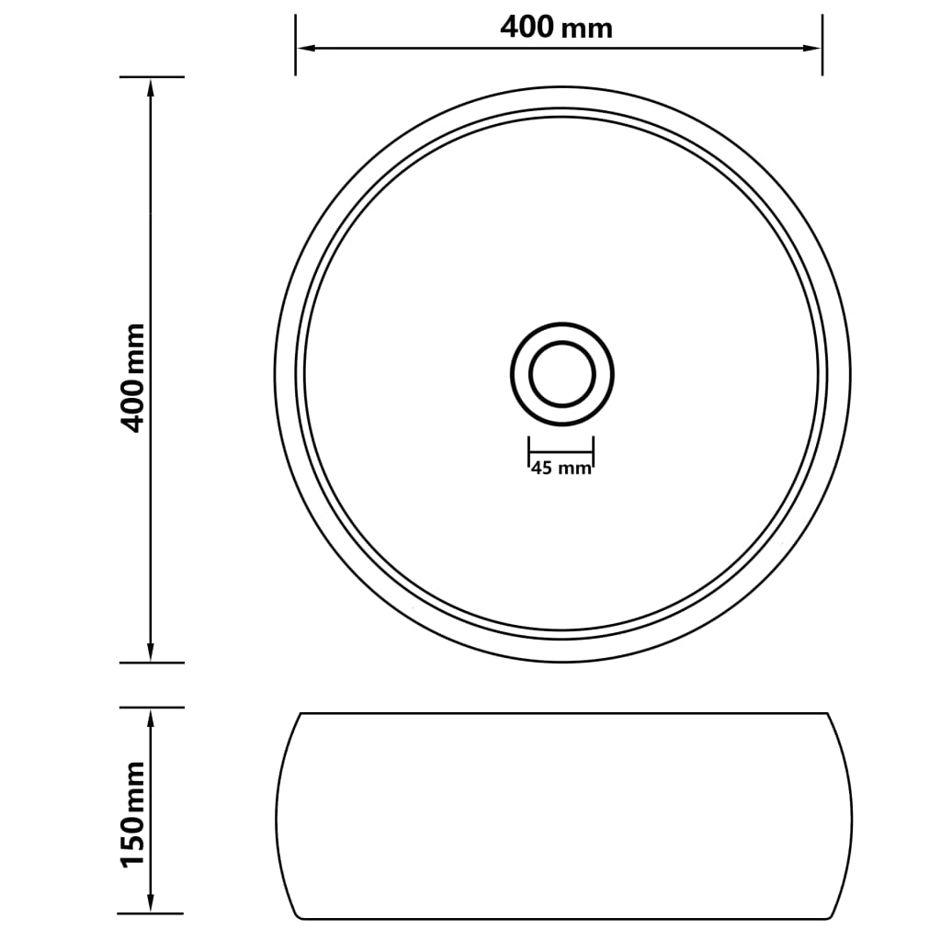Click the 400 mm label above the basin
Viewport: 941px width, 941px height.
pyautogui.click(x=556, y=28)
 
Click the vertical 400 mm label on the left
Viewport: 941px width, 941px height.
pyautogui.click(x=134, y=377)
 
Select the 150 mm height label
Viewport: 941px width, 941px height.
pyautogui.click(x=134, y=812)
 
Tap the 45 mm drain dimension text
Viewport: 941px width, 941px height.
pyautogui.click(x=561, y=469)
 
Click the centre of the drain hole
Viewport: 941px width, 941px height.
pyautogui.click(x=561, y=374)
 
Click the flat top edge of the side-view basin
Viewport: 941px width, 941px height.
pyautogui.click(x=563, y=713)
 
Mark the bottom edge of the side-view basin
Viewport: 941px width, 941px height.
pyautogui.click(x=563, y=918)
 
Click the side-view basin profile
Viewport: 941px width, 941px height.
pyautogui.click(x=563, y=816)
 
